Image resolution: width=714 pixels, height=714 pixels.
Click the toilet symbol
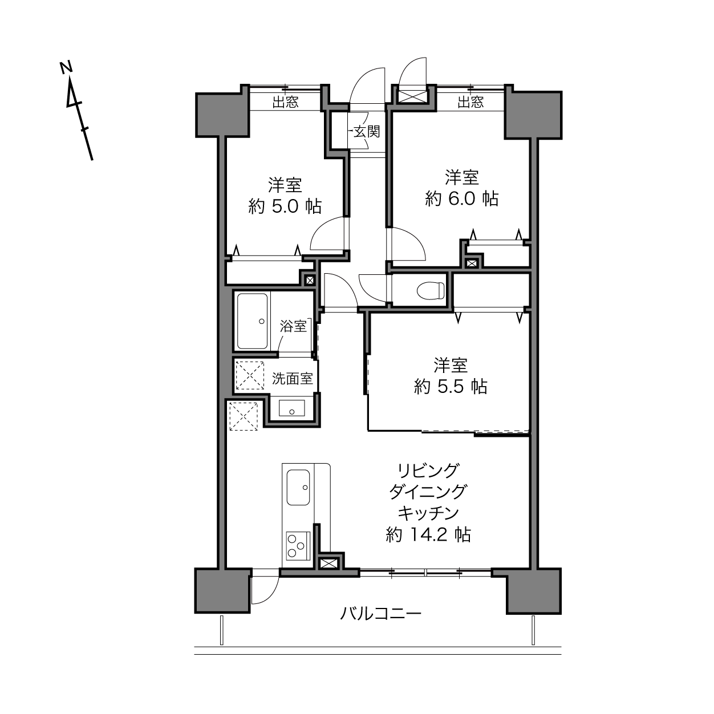point(430,290)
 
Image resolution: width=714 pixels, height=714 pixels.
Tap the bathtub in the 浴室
point(252,321)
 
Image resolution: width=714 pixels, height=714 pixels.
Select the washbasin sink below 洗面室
point(291,408)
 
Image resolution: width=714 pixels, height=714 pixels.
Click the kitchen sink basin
point(298,487)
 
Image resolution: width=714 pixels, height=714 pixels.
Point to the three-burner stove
point(298,545)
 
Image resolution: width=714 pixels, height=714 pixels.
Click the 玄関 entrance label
point(367,132)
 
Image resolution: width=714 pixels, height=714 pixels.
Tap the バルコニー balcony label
point(380,613)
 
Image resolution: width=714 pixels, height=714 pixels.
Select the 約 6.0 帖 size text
point(462,198)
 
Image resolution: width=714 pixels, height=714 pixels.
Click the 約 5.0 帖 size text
point(285,206)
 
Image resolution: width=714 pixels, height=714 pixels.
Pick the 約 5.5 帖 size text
point(451,387)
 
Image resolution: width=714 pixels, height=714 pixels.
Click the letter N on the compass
point(66,67)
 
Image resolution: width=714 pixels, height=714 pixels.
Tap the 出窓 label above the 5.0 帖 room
point(285,102)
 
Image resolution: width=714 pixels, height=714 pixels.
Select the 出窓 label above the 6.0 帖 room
point(470,102)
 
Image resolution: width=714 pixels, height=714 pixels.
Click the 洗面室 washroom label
point(293,378)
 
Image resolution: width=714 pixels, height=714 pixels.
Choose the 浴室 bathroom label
point(294,326)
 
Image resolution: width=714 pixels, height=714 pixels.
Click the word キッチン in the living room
point(428,513)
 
